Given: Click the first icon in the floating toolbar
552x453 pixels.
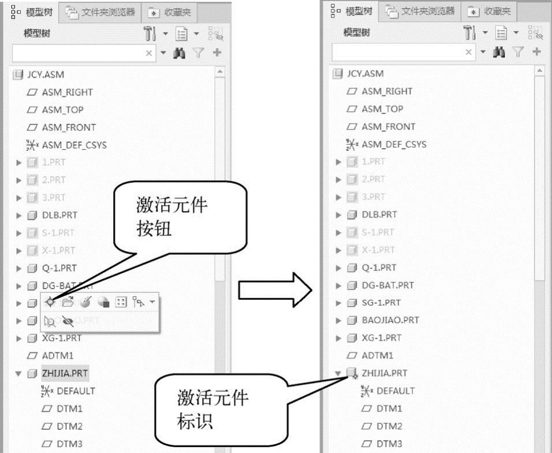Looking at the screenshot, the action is pos(51,302).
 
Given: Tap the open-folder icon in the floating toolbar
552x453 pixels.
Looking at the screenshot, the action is pos(68,302).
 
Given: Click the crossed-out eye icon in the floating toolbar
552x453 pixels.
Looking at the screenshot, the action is pos(68,322).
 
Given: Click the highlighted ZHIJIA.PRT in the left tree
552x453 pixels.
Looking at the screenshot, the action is pos(65,373).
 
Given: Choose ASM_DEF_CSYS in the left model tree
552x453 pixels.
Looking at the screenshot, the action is pos(74,145).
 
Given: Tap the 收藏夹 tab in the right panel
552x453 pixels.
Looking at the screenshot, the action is pos(491,12).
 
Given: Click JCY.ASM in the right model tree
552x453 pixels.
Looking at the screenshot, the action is pos(365,73).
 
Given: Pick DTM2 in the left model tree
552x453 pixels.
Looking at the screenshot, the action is pos(69,426).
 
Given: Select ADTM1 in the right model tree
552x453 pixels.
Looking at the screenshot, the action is pos(377,355).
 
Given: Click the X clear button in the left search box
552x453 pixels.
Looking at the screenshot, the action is pos(149,53).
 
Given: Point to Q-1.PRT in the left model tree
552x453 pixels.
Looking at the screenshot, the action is pos(59,268).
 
